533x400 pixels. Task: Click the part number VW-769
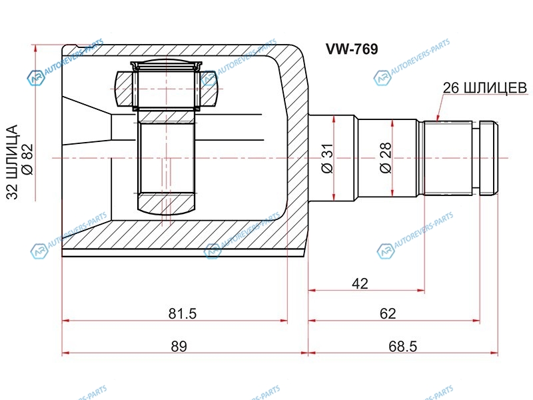tap(352, 49)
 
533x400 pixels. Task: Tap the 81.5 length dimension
tap(183, 313)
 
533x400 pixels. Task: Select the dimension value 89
tap(179, 346)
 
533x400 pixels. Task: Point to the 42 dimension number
tap(360, 284)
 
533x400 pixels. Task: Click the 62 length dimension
tap(388, 313)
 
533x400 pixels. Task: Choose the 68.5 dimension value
tap(402, 347)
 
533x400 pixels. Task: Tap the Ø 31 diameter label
tap(328, 158)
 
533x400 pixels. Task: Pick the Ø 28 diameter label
tap(386, 158)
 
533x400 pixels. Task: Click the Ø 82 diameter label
tap(27, 159)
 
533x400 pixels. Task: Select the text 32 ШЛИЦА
tap(12, 162)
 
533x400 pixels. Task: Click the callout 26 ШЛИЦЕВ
tap(485, 88)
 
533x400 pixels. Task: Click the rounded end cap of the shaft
tap(489, 158)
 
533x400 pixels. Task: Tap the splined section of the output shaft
tap(448, 158)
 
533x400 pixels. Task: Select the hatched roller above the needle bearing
tap(167, 89)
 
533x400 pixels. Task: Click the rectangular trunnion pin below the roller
tap(167, 157)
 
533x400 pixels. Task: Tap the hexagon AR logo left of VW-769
tap(209, 79)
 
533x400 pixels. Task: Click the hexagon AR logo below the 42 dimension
tap(386, 252)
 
